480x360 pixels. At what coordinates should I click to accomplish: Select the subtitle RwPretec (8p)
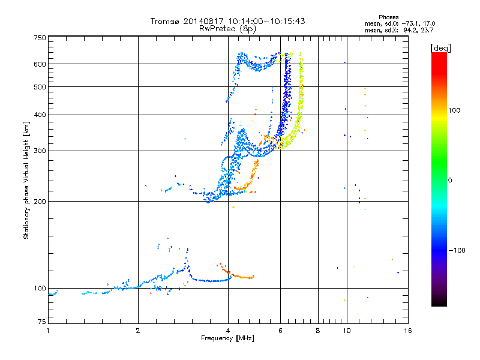click(227, 29)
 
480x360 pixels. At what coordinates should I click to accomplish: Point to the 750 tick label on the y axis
click(40, 38)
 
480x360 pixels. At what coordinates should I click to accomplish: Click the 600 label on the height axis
click(40, 64)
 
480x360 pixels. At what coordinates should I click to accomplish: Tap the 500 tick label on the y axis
click(40, 87)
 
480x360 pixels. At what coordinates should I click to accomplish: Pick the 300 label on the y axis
click(40, 151)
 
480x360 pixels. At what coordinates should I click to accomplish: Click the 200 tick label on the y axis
click(40, 202)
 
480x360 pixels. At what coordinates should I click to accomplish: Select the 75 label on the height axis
click(42, 322)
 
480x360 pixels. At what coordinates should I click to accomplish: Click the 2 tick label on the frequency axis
click(138, 331)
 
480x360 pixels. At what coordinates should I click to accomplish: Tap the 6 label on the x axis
click(280, 331)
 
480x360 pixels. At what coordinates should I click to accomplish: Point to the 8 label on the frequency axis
click(318, 331)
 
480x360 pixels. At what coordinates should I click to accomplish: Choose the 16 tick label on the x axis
click(408, 331)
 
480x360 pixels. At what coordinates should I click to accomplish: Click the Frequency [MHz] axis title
click(227, 338)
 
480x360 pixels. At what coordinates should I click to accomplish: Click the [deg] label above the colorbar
click(440, 48)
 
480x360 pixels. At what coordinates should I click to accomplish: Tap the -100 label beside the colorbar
click(457, 250)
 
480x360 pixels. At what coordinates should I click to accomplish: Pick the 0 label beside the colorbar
click(450, 181)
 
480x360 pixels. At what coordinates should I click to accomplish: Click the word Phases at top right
click(389, 17)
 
